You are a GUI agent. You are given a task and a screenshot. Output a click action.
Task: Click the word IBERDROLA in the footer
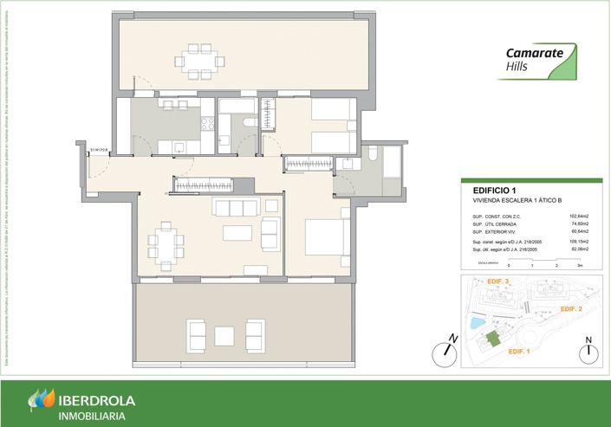tap(103, 400)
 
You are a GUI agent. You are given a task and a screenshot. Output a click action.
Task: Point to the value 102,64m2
tap(578, 216)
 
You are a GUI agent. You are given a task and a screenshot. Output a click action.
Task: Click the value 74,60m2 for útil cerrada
tap(578, 223)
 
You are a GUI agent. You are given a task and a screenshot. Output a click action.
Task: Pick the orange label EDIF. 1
tap(520, 351)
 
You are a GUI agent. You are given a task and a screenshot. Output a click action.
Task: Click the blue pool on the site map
tap(476, 322)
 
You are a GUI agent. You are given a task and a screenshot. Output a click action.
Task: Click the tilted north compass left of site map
tap(447, 352)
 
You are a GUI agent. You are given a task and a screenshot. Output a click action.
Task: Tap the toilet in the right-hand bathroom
tap(373, 154)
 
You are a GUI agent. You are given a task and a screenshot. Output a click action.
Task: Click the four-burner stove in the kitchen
tap(208, 125)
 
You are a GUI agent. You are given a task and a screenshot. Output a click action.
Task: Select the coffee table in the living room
tap(237, 232)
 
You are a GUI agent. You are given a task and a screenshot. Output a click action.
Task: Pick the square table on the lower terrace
tap(225, 335)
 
